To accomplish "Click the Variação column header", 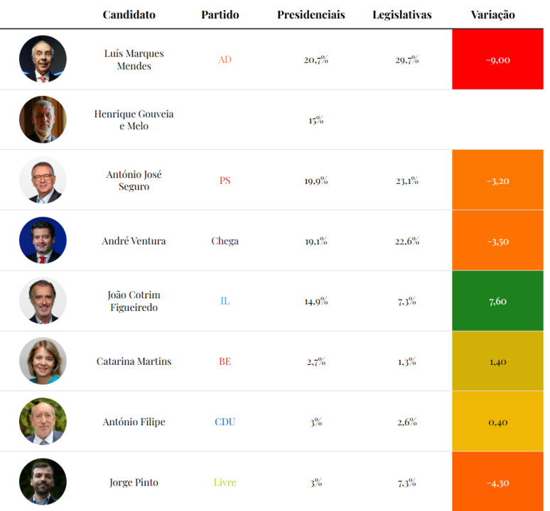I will click(492, 15).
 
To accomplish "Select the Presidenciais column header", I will click(311, 15).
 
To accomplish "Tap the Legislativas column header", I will click(401, 15).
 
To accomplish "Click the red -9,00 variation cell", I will click(497, 60).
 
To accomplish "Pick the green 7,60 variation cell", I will click(497, 301).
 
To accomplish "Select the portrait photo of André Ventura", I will click(43, 241).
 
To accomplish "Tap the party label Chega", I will click(225, 241).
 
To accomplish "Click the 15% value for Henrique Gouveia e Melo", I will click(316, 120).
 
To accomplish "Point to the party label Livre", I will click(225, 483).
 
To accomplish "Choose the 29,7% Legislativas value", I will click(407, 60).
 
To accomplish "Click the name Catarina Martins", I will click(134, 361).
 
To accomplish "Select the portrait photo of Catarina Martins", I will click(43, 361).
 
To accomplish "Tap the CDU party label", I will click(225, 422).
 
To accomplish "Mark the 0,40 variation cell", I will click(497, 422).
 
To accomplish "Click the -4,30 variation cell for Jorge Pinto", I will click(497, 483).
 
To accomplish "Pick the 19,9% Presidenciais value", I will click(316, 180).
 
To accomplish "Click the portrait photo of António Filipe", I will click(43, 422).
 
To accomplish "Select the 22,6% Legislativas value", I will click(407, 241).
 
